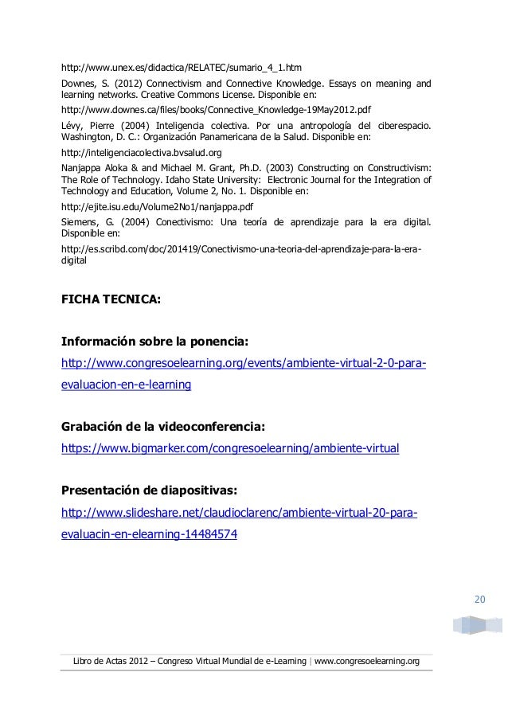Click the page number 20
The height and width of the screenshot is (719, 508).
479,599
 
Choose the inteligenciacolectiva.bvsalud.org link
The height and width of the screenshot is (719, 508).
141,151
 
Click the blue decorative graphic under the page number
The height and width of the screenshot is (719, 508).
476,623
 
